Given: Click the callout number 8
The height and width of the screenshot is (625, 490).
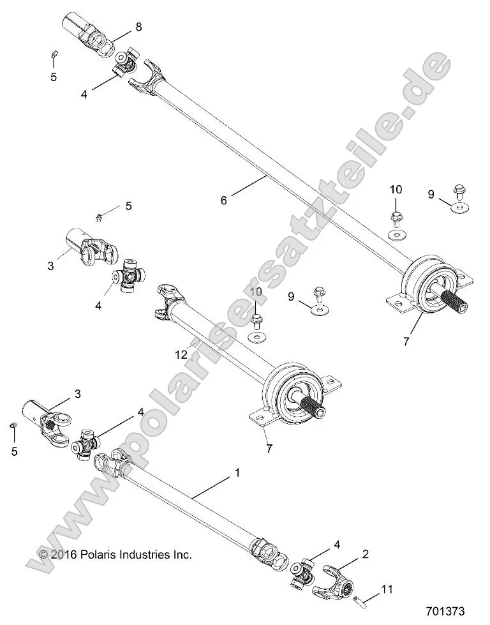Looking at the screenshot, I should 138,27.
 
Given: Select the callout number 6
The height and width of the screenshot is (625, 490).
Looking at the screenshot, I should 223,200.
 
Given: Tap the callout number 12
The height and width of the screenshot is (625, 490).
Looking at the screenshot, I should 182,354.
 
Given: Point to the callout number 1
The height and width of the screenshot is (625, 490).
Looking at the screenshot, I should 237,474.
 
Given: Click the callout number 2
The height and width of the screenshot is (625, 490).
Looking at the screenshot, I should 365,554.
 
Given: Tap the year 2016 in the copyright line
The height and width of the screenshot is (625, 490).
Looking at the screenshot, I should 64,555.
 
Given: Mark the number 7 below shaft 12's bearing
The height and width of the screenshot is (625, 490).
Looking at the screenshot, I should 269,448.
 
